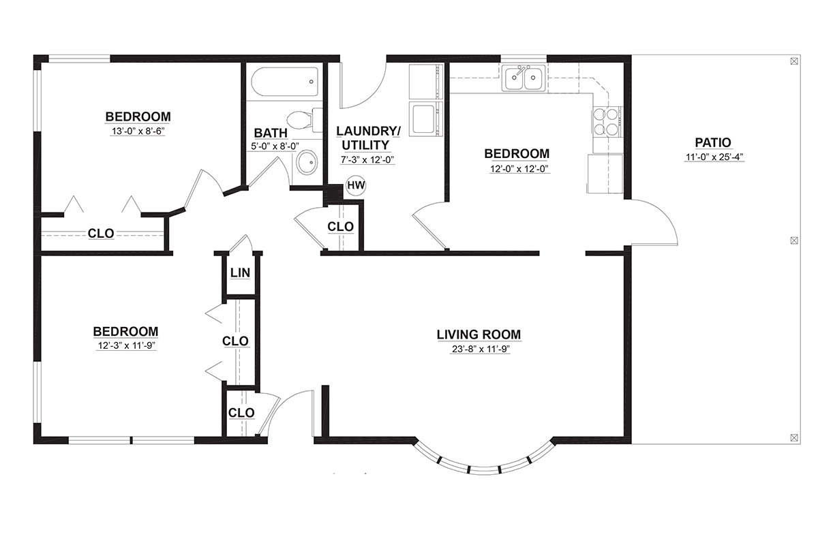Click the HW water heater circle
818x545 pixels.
[356, 185]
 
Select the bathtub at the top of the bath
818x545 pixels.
[284, 81]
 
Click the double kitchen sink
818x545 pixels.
[524, 78]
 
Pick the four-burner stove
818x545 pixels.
[607, 121]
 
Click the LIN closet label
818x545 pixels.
[240, 272]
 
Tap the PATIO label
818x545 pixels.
[713, 142]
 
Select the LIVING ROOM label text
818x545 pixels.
[479, 334]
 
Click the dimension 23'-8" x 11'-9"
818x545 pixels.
[480, 349]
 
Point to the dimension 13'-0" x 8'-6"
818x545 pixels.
[138, 131]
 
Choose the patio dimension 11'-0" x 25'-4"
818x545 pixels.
[714, 157]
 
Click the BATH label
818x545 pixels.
[271, 133]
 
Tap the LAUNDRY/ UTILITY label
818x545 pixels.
[367, 138]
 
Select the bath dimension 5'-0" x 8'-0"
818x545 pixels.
[275, 146]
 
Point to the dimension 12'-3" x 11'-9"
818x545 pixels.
[126, 345]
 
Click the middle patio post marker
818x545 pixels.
[794, 240]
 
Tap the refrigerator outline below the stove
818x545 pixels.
[605, 174]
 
